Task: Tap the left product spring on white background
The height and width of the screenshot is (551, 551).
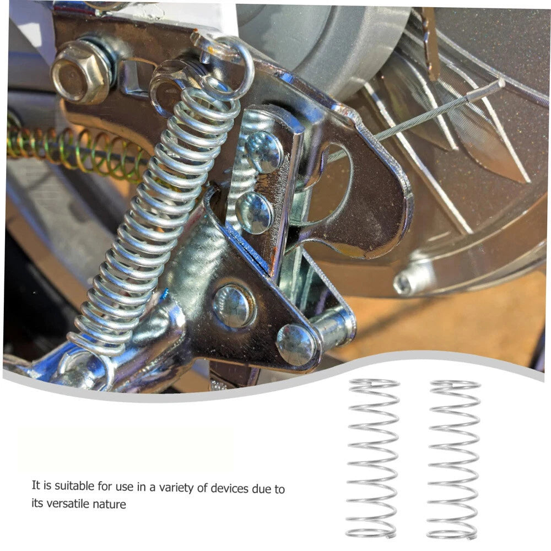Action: [372, 458]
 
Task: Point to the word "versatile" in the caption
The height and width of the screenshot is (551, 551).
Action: [68, 504]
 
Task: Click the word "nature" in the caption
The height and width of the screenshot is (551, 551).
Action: [110, 504]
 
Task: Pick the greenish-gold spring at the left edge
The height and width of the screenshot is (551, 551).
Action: [75, 151]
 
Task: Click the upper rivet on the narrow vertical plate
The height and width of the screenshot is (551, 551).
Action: [263, 152]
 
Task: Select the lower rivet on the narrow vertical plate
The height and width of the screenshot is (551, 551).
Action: [254, 213]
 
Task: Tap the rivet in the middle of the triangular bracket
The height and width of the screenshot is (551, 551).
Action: [233, 305]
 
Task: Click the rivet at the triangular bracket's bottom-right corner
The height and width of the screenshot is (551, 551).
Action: [296, 344]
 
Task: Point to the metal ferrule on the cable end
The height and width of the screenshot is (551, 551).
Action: [485, 91]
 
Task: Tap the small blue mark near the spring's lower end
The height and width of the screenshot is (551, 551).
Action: [164, 294]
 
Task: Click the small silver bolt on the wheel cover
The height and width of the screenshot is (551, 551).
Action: [408, 279]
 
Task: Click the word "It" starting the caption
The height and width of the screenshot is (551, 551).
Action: [36, 485]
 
